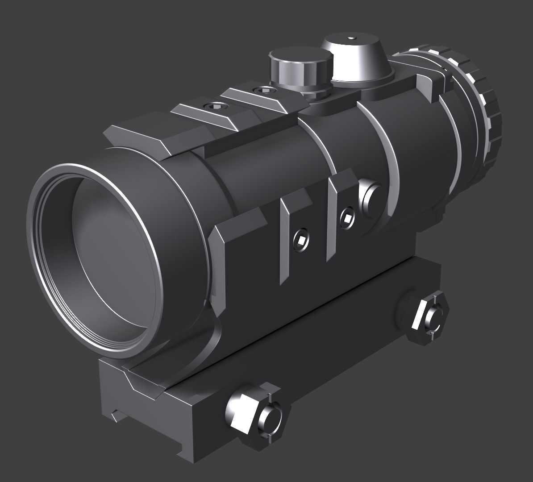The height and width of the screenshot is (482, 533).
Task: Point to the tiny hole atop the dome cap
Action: pos(351,38)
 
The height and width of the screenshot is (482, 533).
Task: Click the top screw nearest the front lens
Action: pos(212,106)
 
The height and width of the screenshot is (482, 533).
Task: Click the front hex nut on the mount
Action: pos(243,413)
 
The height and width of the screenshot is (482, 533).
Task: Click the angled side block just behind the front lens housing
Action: pos(237,250)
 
